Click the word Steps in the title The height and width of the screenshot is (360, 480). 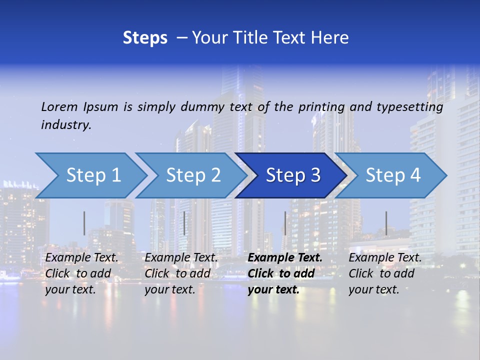[145, 38]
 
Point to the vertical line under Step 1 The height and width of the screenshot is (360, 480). [84, 223]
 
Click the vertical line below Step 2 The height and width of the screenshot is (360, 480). [184, 223]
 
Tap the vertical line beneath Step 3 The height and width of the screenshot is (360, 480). [285, 223]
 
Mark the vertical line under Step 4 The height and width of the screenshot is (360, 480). [386, 223]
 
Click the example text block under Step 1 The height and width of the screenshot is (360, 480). [81, 273]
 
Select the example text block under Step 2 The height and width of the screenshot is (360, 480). [180, 273]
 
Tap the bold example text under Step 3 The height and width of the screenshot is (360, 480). [284, 273]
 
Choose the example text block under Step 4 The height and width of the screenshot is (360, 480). [384, 273]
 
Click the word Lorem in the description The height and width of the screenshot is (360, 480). [59, 106]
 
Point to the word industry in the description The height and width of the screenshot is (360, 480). [66, 124]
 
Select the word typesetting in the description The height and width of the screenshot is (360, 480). [409, 106]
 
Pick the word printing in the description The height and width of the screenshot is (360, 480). [321, 106]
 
